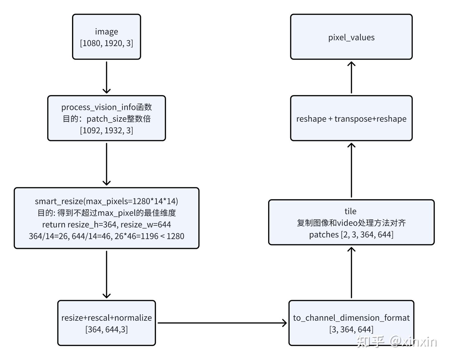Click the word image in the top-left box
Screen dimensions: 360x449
click(106, 32)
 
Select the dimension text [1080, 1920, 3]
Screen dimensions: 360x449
click(106, 43)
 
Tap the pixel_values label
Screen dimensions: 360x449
click(351, 37)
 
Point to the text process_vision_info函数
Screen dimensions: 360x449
click(106, 107)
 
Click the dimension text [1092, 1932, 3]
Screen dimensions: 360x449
click(106, 130)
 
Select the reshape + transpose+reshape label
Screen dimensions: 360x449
click(351, 119)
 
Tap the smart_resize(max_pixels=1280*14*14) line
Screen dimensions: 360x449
click(106, 201)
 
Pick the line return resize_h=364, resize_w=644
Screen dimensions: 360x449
click(106, 224)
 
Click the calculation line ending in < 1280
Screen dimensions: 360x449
click(106, 236)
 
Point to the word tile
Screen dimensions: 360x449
click(350, 211)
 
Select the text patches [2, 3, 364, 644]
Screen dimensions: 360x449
click(351, 234)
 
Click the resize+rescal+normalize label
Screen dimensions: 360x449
click(106, 318)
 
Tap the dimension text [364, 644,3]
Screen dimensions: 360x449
click(106, 329)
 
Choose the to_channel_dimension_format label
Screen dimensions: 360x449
click(351, 318)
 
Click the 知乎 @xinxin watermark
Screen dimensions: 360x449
click(397, 342)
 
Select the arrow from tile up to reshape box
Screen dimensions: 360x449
click(351, 170)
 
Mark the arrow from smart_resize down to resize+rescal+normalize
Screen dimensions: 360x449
click(106, 274)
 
